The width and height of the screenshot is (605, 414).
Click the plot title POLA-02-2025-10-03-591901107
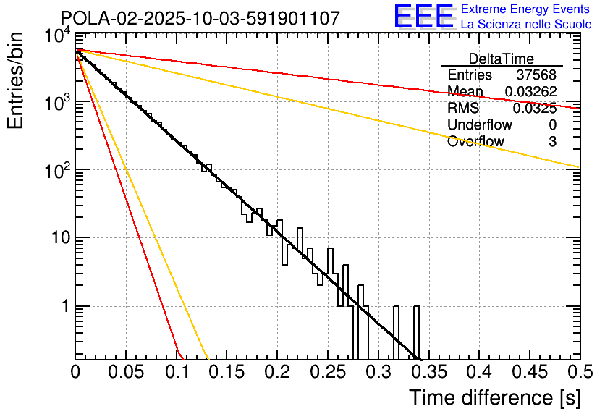200,18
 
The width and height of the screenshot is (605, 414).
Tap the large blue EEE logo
423,17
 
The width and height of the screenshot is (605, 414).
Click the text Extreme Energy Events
526,9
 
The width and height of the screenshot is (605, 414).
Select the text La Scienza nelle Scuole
526,24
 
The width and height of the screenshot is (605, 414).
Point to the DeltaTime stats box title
502,59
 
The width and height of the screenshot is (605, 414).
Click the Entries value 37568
536,75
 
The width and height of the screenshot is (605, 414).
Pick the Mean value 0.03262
530,92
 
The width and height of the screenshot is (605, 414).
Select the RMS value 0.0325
535,109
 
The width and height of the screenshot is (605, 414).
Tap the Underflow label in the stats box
480,124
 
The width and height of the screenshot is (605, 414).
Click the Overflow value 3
552,142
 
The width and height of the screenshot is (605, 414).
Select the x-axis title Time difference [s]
495,397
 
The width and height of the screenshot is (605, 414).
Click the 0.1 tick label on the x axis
177,373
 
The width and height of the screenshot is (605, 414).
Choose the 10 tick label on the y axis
56,238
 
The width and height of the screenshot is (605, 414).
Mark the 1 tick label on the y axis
62,306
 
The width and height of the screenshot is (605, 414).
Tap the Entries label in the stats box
470,75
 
